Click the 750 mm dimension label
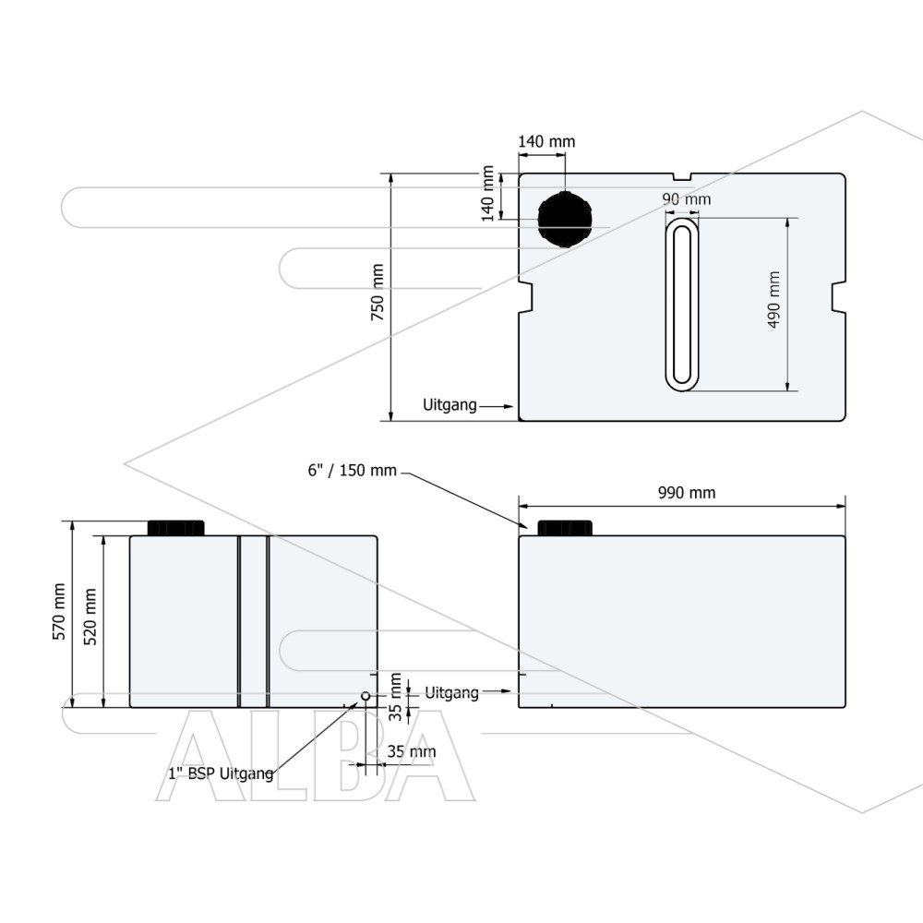point(378,292)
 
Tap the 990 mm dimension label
point(687,493)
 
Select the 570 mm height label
point(59,612)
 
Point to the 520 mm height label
point(90,617)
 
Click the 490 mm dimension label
point(774,299)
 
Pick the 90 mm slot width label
point(687,199)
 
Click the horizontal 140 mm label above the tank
point(546,142)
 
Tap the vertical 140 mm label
point(487,194)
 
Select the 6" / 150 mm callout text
point(352,471)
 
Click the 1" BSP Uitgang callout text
point(221,773)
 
